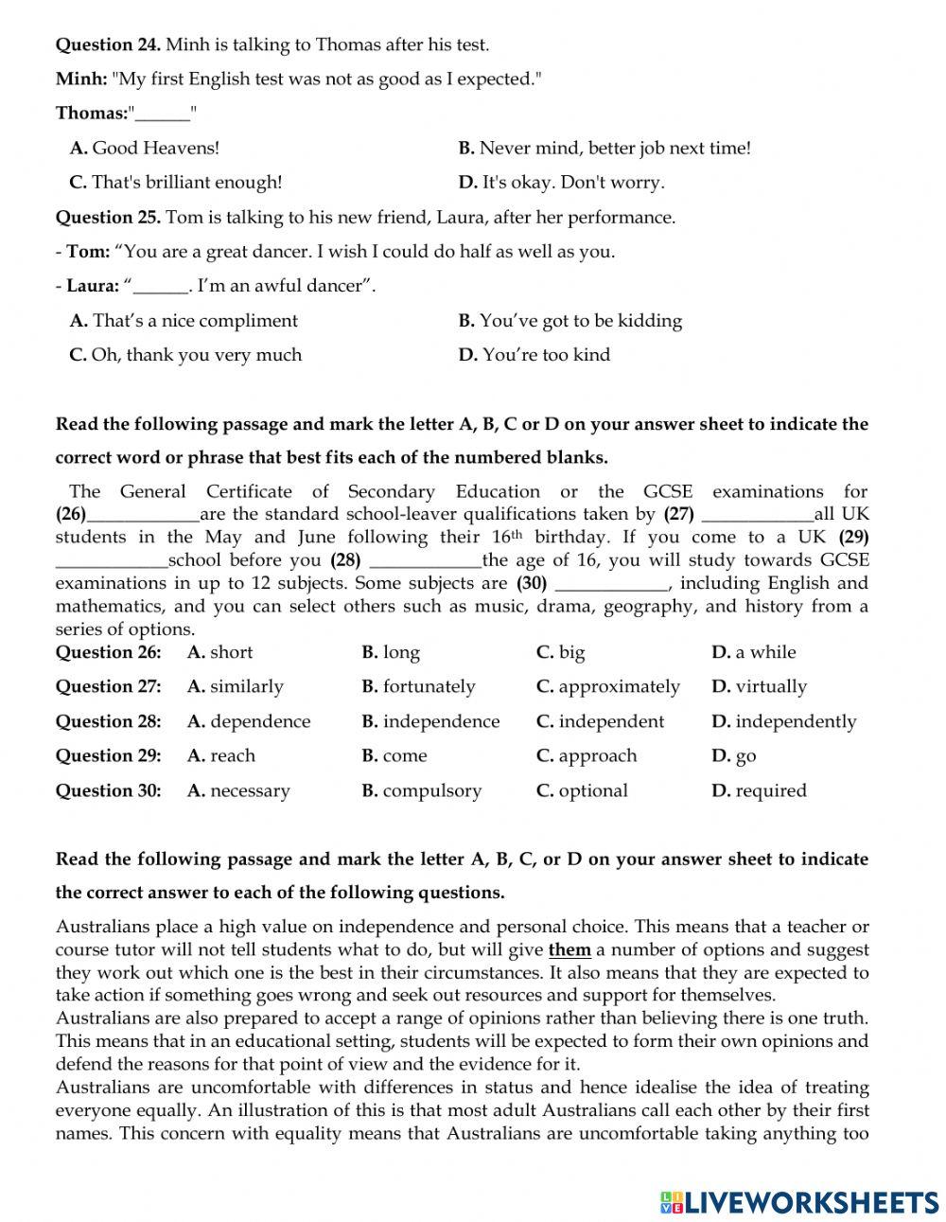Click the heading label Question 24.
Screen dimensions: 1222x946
[x=108, y=44]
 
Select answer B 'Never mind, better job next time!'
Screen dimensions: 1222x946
[x=604, y=148]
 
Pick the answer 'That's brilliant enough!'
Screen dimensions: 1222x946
[x=176, y=183]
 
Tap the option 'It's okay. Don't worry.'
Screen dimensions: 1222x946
[x=562, y=183]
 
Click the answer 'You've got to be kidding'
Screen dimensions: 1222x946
[x=570, y=321]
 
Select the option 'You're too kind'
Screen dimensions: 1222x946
[x=534, y=355]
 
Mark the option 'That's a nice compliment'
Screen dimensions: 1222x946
[x=184, y=321]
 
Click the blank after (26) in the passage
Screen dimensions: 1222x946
[x=143, y=515]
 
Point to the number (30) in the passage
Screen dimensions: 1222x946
[x=533, y=583]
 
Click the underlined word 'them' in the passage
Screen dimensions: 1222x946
[x=569, y=949]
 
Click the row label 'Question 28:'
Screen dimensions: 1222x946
[x=108, y=721]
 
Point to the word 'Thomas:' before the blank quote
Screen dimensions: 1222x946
[x=92, y=114]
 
